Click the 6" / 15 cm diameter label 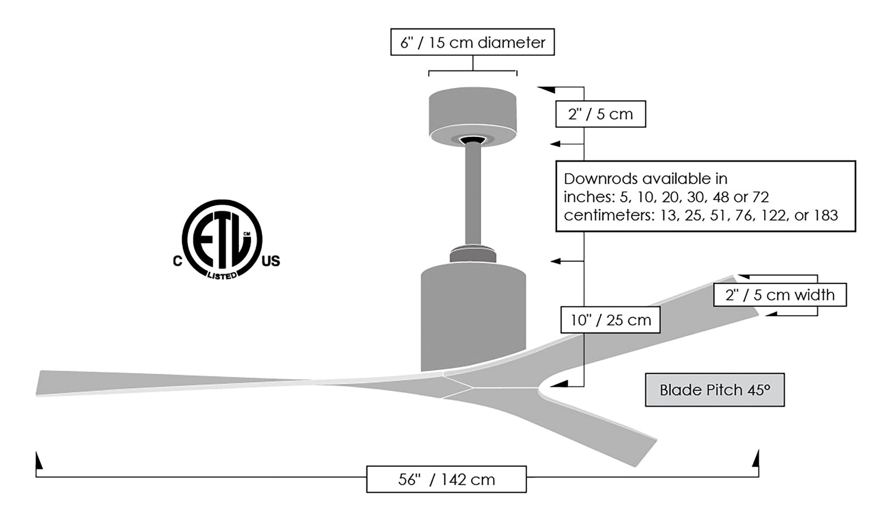(x=472, y=42)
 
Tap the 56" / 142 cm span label (x=446, y=480)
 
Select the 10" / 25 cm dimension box (x=610, y=320)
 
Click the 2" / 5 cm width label (x=780, y=295)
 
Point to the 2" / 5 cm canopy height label (x=600, y=114)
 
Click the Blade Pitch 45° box (x=715, y=390)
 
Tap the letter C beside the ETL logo (x=177, y=261)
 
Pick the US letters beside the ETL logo (x=271, y=261)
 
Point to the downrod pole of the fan (x=473, y=195)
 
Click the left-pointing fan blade (x=177, y=383)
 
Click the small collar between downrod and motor (x=473, y=255)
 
